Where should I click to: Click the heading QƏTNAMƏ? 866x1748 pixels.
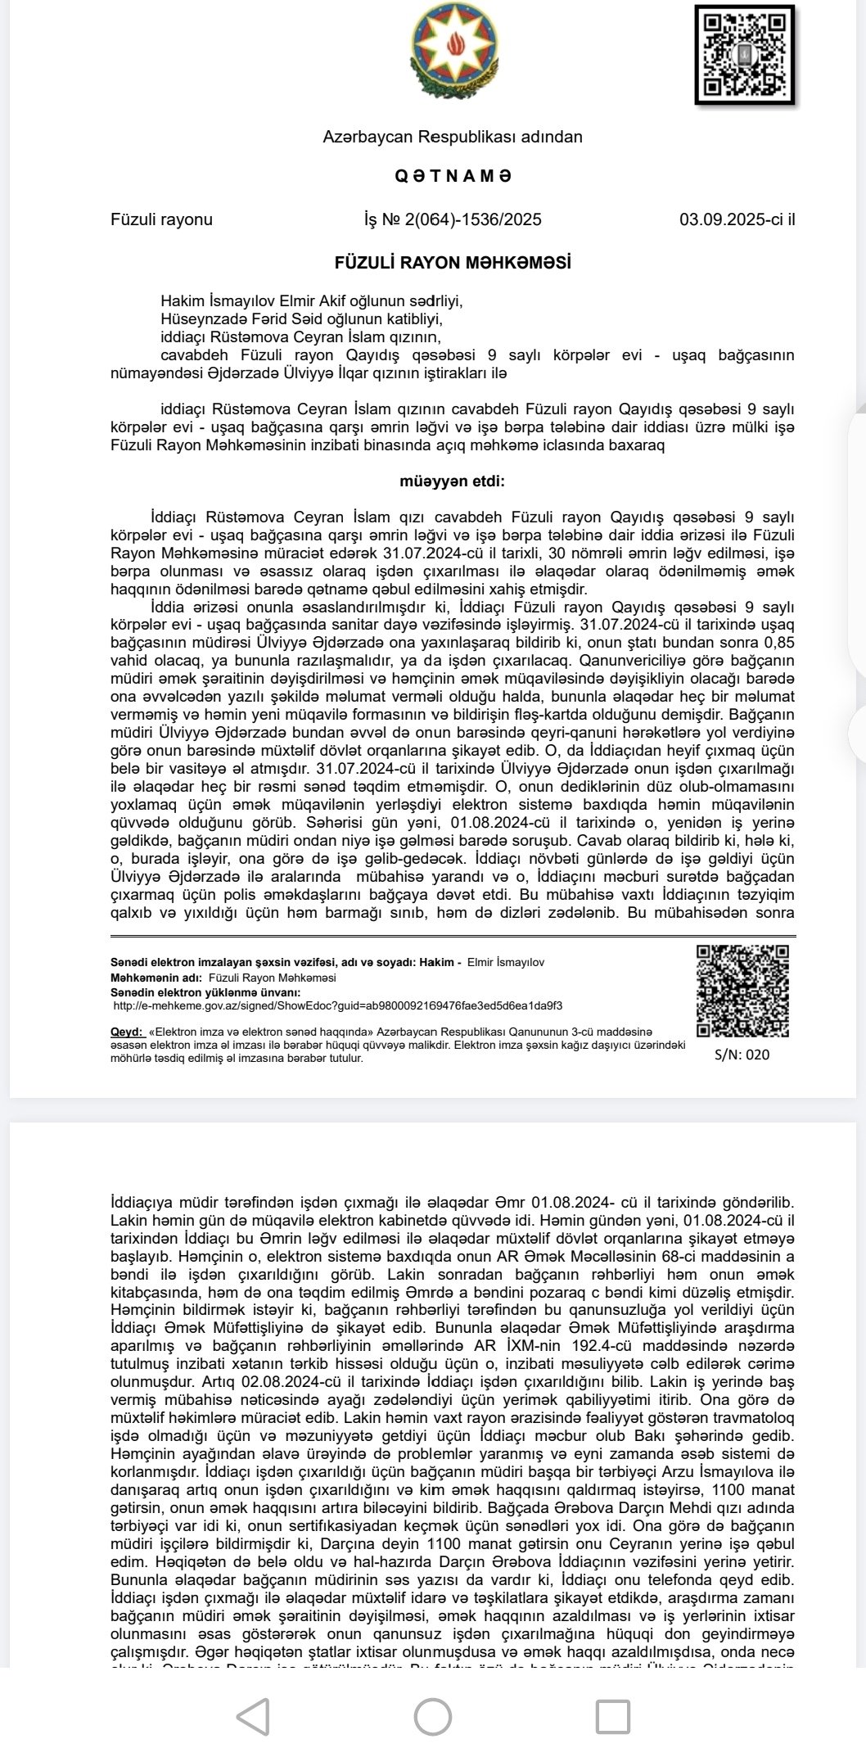click(453, 176)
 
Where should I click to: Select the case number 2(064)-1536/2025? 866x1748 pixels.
click(453, 219)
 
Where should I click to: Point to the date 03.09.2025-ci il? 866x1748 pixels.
click(737, 219)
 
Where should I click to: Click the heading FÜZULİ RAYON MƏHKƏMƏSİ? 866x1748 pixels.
click(453, 263)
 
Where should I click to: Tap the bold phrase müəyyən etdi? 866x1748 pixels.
click(452, 481)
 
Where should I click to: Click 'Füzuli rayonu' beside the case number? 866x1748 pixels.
click(161, 219)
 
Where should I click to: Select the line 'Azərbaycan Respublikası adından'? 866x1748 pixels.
click(453, 137)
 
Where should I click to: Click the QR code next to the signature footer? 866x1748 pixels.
click(742, 991)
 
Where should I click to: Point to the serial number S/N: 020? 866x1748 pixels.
click(742, 1055)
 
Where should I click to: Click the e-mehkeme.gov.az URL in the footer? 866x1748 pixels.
click(337, 1005)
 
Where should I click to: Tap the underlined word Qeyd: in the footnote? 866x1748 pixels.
click(126, 1032)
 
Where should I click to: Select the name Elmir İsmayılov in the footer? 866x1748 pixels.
click(505, 963)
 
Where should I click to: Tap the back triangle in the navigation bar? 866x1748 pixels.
click(254, 1716)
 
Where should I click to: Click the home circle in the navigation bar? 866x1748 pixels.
click(433, 1716)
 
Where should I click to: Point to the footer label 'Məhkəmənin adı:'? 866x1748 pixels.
click(157, 978)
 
